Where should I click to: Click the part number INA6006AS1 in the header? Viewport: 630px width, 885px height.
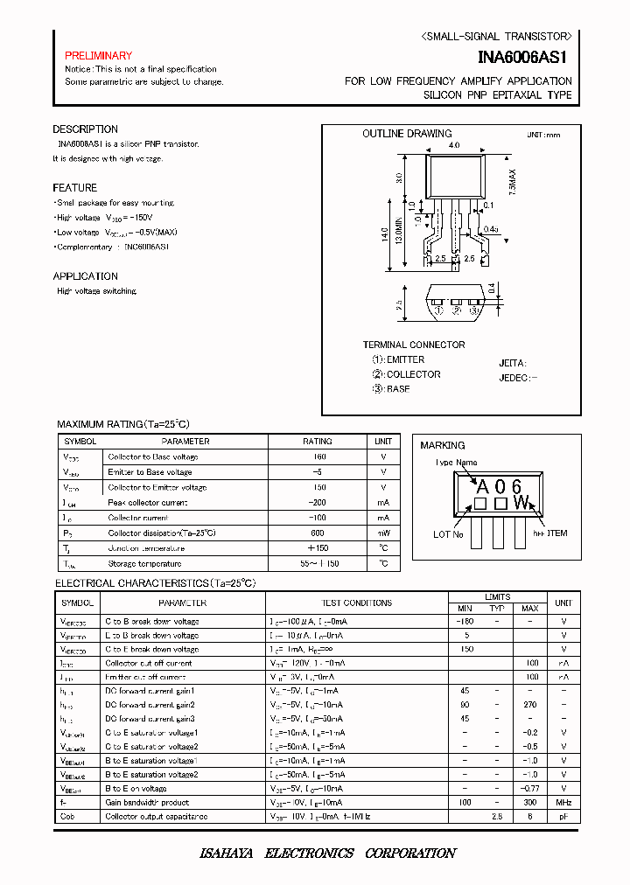[x=524, y=58]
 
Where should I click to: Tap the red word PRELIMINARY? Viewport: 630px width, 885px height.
[x=98, y=56]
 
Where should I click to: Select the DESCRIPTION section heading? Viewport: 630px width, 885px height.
[x=85, y=129]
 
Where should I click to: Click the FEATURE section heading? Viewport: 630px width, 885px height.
[x=74, y=188]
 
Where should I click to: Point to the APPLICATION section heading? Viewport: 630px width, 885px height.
[x=86, y=276]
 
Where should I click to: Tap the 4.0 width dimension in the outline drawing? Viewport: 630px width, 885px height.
[x=453, y=145]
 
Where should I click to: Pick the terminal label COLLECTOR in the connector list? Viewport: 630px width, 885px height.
[x=413, y=374]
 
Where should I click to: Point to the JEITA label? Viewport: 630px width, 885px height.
[x=512, y=362]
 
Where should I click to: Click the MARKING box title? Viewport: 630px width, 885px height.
[x=443, y=445]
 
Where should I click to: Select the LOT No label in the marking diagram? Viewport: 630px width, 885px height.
[x=448, y=533]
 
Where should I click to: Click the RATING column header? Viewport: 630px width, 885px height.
[x=318, y=442]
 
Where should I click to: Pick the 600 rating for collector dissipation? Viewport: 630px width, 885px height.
[x=318, y=533]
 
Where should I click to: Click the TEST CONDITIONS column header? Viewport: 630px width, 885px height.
[x=357, y=603]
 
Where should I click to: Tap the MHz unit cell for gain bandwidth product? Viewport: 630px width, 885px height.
[x=564, y=802]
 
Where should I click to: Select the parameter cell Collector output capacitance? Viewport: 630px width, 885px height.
[x=156, y=816]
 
